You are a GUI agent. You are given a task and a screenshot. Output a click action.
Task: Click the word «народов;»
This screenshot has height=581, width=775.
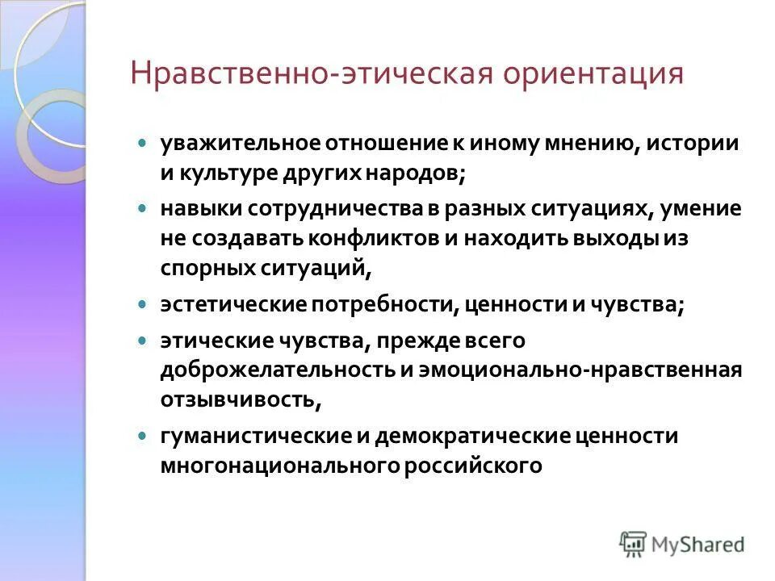coord(433,173)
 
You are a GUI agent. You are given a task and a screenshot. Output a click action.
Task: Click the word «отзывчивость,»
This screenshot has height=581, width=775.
coord(241,399)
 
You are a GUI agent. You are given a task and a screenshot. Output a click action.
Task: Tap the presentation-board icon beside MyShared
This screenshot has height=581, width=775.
coord(634,544)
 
